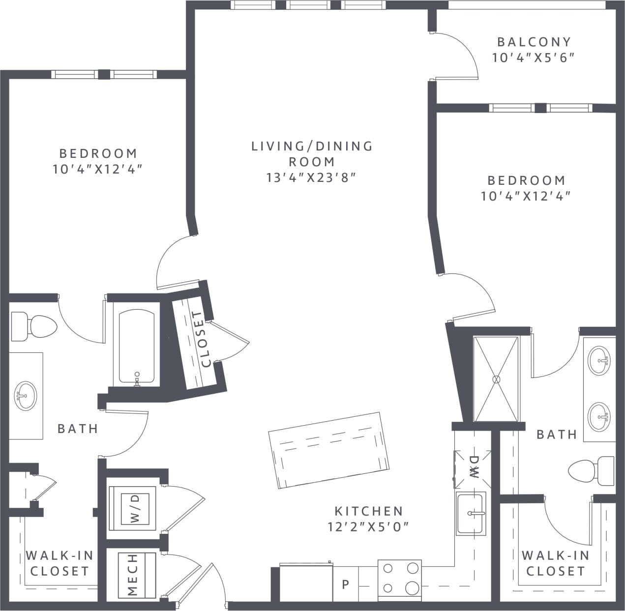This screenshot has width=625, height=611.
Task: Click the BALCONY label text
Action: click(534, 42)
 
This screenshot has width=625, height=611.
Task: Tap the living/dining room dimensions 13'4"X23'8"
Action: click(311, 177)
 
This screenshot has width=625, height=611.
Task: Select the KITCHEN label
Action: click(368, 511)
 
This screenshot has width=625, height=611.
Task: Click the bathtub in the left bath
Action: click(136, 346)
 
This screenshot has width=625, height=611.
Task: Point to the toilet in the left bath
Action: click(34, 325)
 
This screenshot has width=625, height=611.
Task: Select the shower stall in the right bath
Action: click(496, 378)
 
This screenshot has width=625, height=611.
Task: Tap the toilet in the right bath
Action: click(590, 470)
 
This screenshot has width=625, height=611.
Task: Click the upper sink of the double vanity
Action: click(599, 361)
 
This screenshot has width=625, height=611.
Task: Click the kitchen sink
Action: click(471, 514)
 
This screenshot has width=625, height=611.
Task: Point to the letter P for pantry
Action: click(346, 584)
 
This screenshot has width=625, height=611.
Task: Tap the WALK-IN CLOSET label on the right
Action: click(555, 563)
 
